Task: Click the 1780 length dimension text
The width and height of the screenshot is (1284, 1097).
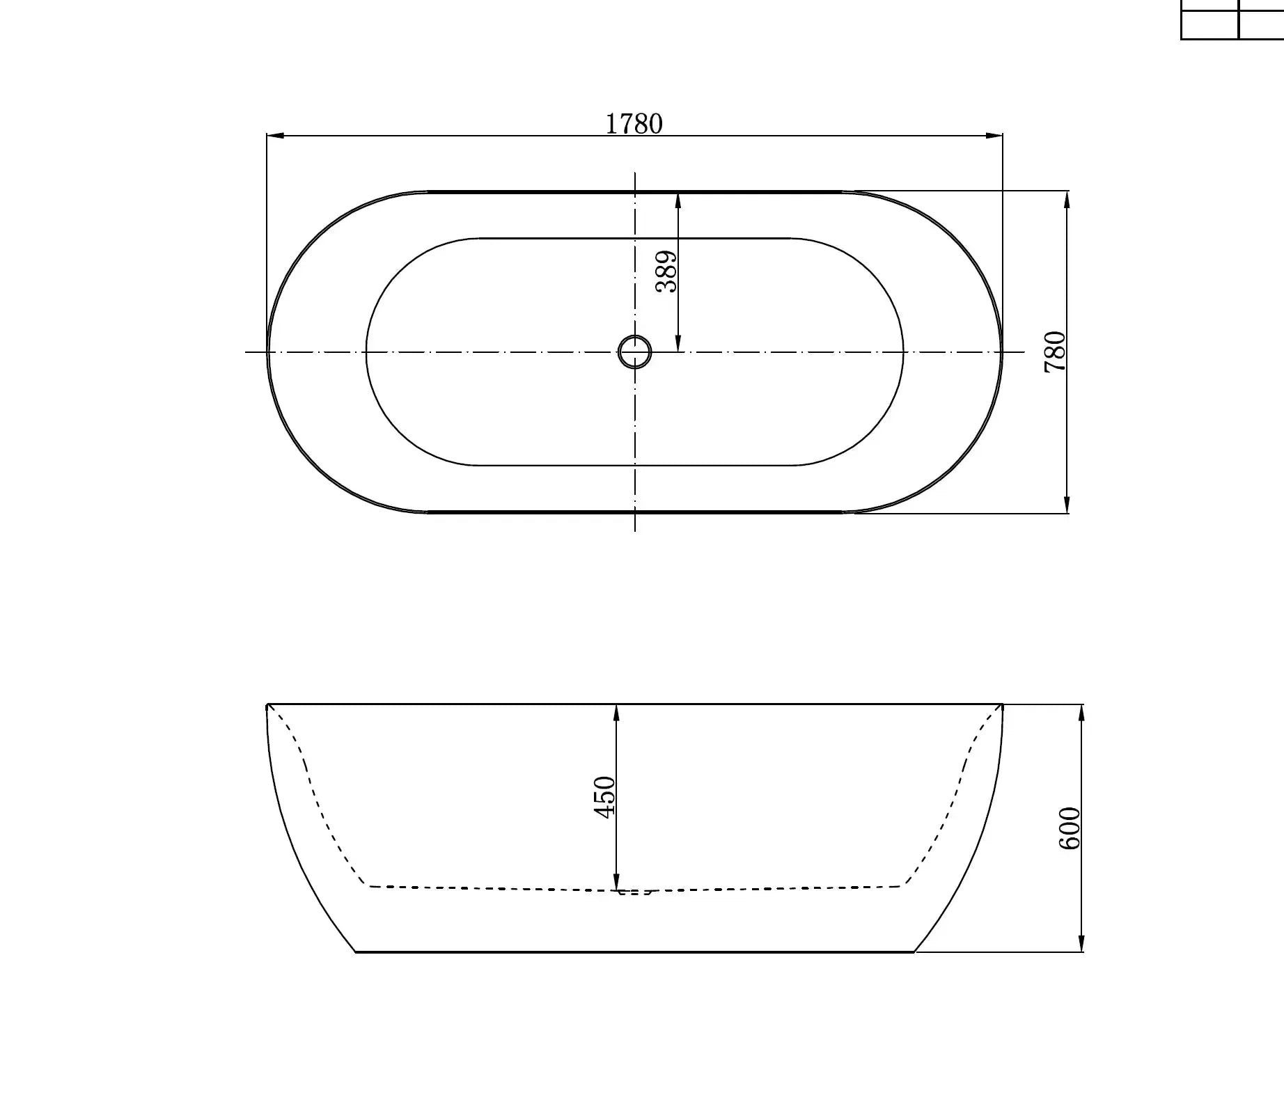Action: (x=634, y=124)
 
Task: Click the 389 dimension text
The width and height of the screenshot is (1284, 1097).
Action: (x=666, y=271)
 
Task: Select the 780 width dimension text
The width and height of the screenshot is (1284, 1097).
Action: (x=1055, y=352)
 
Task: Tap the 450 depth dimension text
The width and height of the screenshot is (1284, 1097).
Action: (x=604, y=797)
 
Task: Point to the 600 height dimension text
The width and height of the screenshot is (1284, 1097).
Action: (x=1069, y=828)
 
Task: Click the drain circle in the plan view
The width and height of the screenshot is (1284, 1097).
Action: (x=634, y=352)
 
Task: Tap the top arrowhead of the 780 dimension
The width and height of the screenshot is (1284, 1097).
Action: (x=1067, y=198)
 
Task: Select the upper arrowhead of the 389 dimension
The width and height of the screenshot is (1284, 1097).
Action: (x=678, y=200)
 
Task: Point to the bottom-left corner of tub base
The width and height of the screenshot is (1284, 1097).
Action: (x=356, y=952)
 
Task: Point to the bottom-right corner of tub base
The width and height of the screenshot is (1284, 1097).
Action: (x=914, y=952)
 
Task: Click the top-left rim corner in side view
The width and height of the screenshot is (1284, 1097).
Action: (x=268, y=705)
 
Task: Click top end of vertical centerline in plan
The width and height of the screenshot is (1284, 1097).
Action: (x=635, y=173)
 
